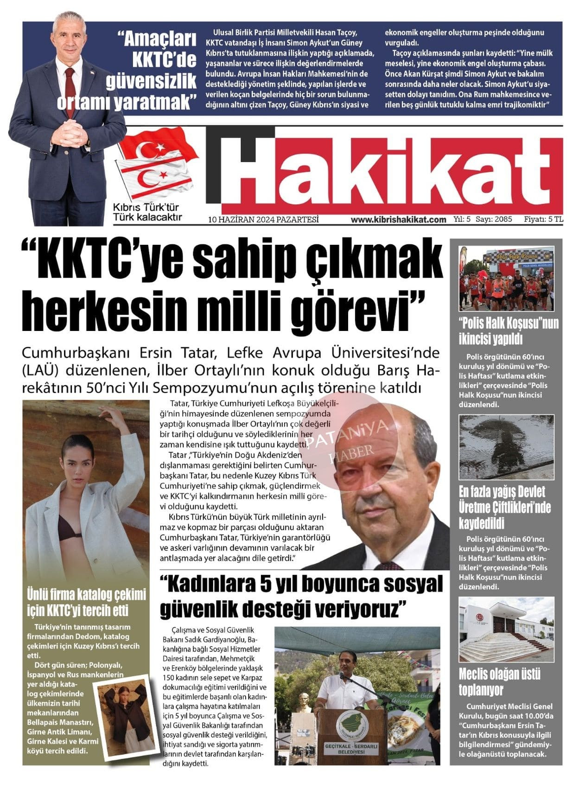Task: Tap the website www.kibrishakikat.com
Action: pos(398,219)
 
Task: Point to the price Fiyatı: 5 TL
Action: pos(543,219)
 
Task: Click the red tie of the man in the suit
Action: pos(70,90)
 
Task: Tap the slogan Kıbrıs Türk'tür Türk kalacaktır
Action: pos(147,212)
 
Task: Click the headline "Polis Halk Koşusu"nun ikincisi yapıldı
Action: pos(508,330)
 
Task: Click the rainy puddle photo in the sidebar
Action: pos(506,447)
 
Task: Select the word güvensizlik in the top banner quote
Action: pos(151,81)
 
